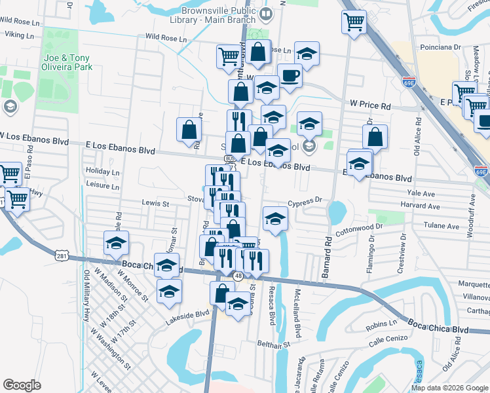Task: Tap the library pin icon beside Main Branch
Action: [266, 13]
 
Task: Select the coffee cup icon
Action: [290, 75]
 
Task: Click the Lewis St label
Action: [155, 204]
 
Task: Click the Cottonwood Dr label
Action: [358, 230]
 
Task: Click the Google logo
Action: [22, 384]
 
